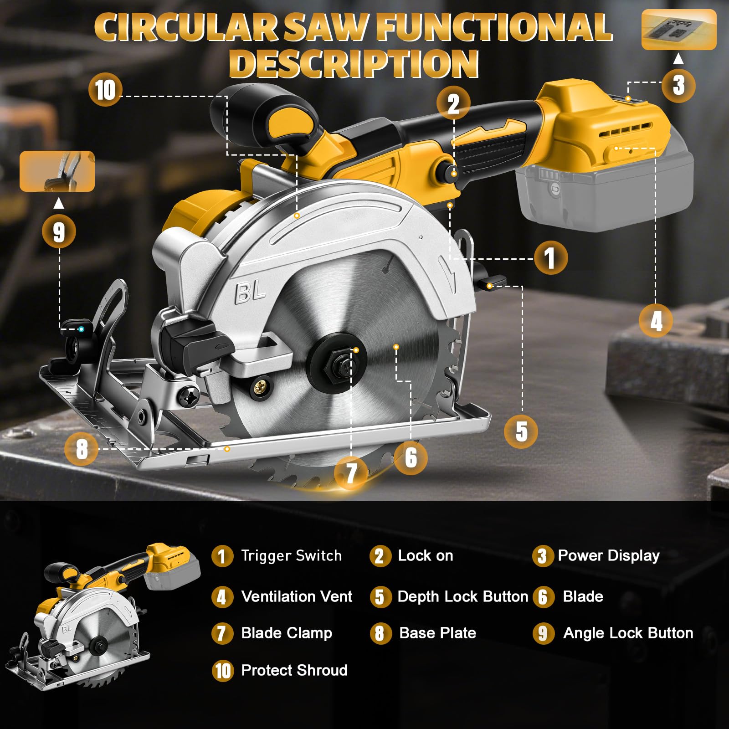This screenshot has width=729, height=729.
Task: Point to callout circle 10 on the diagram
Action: coord(105,90)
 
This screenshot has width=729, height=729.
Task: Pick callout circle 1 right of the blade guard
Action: coord(551,257)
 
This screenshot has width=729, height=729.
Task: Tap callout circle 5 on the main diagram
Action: coord(521,431)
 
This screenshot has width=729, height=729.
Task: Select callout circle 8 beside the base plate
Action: coord(82,449)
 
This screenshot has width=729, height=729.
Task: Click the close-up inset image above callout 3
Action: coord(679,30)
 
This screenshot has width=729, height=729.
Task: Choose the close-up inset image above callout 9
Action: coord(57,171)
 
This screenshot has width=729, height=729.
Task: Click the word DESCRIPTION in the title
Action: coord(354,63)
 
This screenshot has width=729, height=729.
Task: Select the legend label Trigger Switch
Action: coord(292,556)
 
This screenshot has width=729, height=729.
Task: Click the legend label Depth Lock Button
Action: coord(463,597)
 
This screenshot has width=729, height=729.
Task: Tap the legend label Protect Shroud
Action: coord(294,670)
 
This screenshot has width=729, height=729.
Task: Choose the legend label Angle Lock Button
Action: coord(628,633)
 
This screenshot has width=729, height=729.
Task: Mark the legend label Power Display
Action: coord(609,556)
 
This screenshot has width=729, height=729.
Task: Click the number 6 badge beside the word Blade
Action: coord(543,597)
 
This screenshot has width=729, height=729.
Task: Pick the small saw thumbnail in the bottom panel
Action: coord(103,616)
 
